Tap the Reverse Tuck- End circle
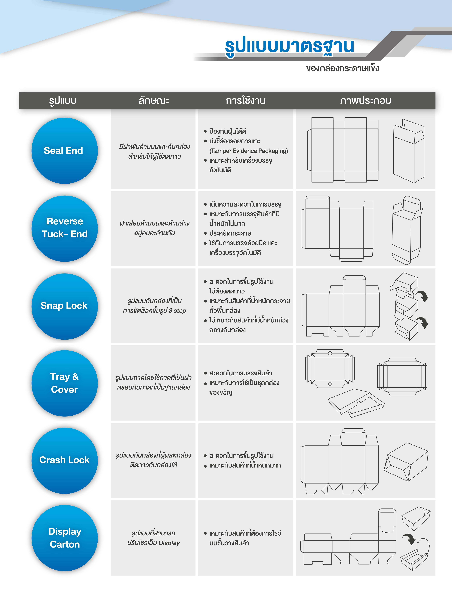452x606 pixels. pyautogui.click(x=65, y=228)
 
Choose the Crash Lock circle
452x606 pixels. pyautogui.click(x=65, y=461)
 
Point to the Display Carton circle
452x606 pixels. pyautogui.click(x=65, y=538)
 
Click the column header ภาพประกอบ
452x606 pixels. pyautogui.click(x=366, y=101)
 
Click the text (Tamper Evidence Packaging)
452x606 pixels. pyautogui.click(x=248, y=151)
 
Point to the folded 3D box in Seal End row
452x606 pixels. pyautogui.click(x=408, y=151)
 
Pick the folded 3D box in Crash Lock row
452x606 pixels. pyautogui.click(x=406, y=462)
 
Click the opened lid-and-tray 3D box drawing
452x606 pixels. pyautogui.click(x=356, y=403)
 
